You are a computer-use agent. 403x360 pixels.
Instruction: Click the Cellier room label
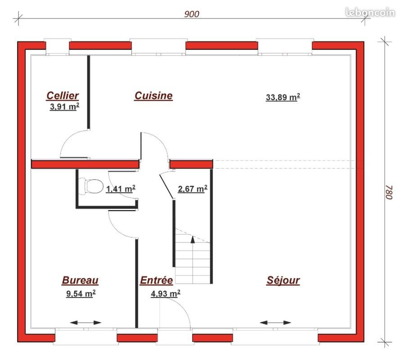point(63,95)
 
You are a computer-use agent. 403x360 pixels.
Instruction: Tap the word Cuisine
point(154,95)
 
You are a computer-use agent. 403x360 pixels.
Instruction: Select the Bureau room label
point(80,280)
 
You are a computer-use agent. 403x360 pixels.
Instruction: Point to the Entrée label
point(156,280)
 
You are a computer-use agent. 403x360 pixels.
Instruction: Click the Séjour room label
point(283,280)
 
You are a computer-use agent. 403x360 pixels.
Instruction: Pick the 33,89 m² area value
point(283,97)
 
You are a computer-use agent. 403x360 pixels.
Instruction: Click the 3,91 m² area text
point(64,107)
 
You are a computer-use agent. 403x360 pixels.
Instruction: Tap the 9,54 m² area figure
point(81,293)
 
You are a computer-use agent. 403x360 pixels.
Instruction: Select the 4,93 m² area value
point(166,293)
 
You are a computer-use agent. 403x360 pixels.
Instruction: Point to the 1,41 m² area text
point(121,189)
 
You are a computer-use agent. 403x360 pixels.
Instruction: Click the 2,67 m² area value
point(193,189)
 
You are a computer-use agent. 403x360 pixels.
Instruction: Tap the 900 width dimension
point(192,14)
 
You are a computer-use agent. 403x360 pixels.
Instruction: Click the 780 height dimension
point(389,192)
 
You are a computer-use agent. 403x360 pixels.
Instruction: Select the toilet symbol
point(91,186)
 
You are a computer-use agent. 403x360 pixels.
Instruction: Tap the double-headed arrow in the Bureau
point(86,323)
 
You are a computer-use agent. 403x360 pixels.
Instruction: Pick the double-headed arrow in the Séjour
point(275,323)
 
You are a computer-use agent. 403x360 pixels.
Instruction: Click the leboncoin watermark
point(371,12)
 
